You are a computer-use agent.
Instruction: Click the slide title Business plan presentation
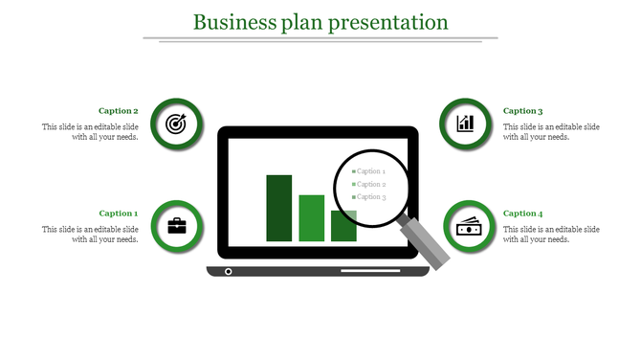pyautogui.click(x=320, y=21)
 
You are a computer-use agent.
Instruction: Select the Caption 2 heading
pyautogui.click(x=119, y=111)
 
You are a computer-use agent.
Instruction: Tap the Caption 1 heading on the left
pyautogui.click(x=119, y=214)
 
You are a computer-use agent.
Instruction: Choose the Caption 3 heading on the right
pyautogui.click(x=523, y=111)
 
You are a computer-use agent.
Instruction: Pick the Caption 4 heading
pyautogui.click(x=523, y=214)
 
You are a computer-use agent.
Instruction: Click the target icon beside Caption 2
pyautogui.click(x=176, y=124)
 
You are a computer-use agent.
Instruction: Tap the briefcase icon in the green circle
pyautogui.click(x=177, y=226)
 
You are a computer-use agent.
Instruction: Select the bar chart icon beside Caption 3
pyautogui.click(x=466, y=123)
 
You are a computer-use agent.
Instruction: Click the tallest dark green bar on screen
pyautogui.click(x=279, y=208)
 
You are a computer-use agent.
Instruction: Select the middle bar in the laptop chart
pyautogui.click(x=312, y=217)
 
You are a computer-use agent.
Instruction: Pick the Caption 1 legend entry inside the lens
pyautogui.click(x=369, y=171)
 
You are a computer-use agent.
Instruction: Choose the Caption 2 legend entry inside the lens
pyautogui.click(x=369, y=184)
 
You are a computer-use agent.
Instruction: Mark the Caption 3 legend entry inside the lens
pyautogui.click(x=369, y=196)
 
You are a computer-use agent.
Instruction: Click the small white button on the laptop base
pyautogui.click(x=228, y=272)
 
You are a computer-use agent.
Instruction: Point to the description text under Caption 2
pyautogui.click(x=91, y=132)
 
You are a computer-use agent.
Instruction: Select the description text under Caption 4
pyautogui.click(x=551, y=235)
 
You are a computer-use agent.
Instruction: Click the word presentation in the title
pyautogui.click(x=388, y=21)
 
